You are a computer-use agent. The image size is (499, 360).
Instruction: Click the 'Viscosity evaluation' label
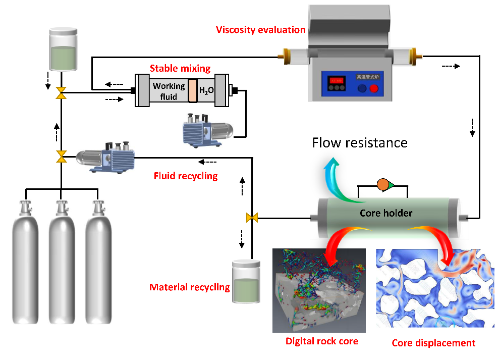coord(261,29)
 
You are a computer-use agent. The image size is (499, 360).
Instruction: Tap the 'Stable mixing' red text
coord(180,68)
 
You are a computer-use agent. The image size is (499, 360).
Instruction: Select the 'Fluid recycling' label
coord(185,176)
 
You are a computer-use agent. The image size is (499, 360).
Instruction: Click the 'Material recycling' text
coord(189,287)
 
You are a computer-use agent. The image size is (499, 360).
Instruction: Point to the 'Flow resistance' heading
coord(359,142)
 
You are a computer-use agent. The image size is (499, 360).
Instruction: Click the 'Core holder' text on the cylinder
coord(386,213)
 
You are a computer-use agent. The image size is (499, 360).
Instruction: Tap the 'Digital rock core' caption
coord(322,341)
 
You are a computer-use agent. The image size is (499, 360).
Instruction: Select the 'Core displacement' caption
coord(433,343)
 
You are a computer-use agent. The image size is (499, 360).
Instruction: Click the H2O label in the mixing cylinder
coord(206,91)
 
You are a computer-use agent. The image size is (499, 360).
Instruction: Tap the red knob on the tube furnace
coord(374,89)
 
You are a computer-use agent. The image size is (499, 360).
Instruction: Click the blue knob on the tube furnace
coord(362,89)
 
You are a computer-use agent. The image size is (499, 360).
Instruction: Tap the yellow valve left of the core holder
coord(252,218)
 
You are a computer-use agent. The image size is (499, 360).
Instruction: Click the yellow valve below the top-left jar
coord(61,92)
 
